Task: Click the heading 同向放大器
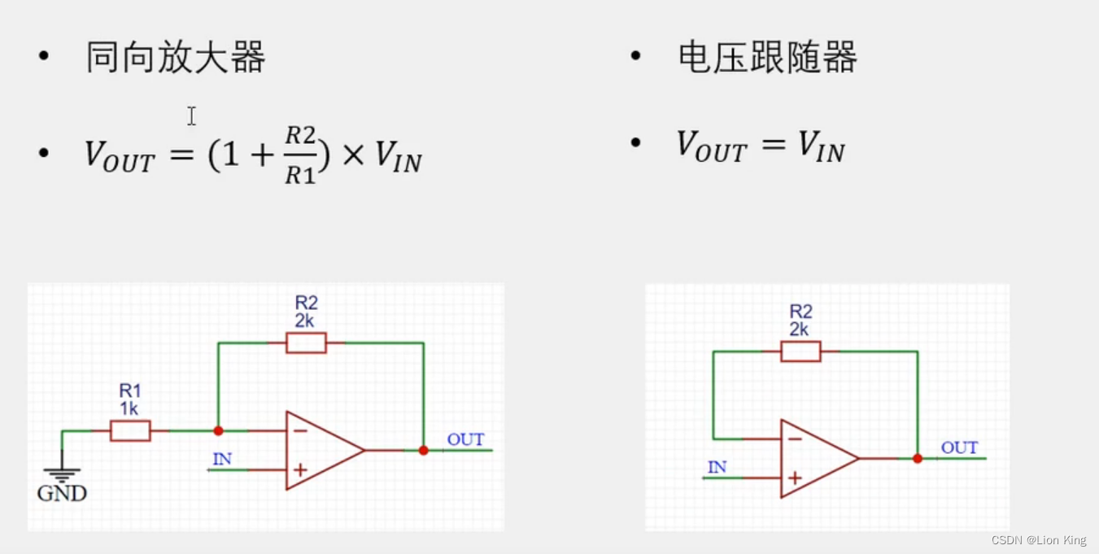point(176,59)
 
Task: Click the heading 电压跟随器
point(767,59)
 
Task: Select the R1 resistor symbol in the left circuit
point(130,431)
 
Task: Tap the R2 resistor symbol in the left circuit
point(306,342)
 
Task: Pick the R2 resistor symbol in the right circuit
point(800,351)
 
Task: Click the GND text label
point(62,493)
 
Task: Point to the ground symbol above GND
point(62,474)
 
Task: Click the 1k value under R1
point(129,408)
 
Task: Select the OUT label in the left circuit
point(465,440)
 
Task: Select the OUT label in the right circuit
point(959,448)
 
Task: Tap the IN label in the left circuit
point(222,460)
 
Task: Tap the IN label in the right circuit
point(717,468)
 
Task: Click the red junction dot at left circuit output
point(423,450)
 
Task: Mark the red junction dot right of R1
point(218,430)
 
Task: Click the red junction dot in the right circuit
point(918,459)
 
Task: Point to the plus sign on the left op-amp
point(300,469)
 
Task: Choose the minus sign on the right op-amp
point(795,439)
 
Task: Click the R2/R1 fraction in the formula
point(300,155)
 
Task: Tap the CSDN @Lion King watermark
point(1039,540)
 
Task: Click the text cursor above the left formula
point(191,116)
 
